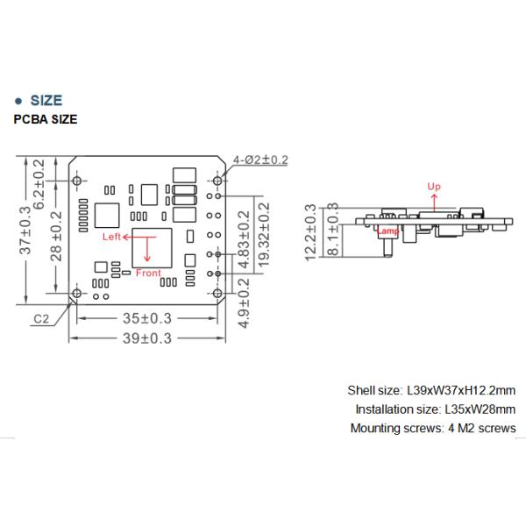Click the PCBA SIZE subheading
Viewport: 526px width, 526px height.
[x=46, y=120]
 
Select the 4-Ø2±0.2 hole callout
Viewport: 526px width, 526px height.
[x=261, y=160]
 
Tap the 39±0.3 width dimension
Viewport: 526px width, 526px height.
[x=146, y=338]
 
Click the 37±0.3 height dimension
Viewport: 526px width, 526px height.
[x=27, y=231]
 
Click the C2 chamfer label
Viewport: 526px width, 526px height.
[x=40, y=318]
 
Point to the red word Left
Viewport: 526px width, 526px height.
[x=110, y=237]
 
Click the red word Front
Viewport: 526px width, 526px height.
[x=149, y=273]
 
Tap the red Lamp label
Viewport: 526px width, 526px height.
[x=387, y=230]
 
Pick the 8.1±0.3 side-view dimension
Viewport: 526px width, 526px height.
[x=332, y=231]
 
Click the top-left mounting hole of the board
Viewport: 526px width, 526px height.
[x=77, y=181]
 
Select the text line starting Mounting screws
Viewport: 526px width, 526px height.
[x=433, y=428]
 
